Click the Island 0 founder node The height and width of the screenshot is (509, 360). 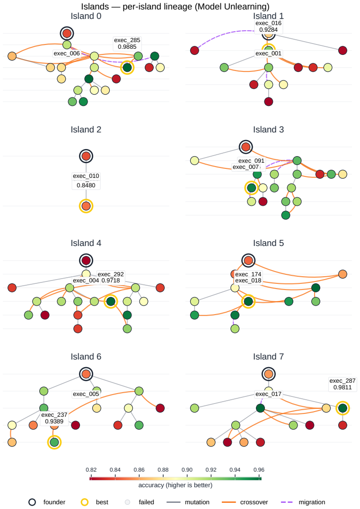[67, 33]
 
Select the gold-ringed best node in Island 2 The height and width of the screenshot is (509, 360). [86, 206]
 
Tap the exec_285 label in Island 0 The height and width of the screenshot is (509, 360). [127, 40]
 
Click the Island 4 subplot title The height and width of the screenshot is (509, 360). [86, 243]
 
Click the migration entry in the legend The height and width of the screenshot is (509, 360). [302, 502]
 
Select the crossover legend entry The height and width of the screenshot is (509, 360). [245, 502]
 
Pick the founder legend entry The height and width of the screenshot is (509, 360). [47, 502]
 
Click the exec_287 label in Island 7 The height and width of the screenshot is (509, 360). [342, 380]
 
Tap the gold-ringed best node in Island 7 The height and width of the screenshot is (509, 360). [342, 408]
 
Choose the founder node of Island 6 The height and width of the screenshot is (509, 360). [86, 374]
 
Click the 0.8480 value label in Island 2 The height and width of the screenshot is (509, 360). [86, 185]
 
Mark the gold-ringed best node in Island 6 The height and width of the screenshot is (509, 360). [54, 442]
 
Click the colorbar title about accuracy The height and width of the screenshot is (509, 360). [176, 485]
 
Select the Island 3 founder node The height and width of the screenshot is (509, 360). [246, 147]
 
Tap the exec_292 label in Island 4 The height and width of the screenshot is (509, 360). [111, 274]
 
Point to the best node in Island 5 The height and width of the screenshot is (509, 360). [248, 301]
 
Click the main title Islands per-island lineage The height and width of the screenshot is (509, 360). [176, 7]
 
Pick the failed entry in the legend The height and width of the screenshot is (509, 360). [140, 502]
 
